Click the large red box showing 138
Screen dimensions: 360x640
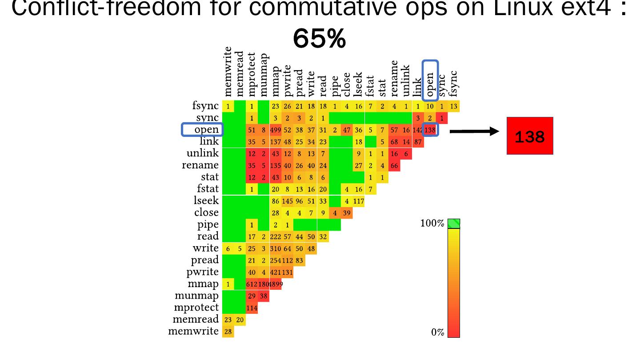530,136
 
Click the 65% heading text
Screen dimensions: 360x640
319,39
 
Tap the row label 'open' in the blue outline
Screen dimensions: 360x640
203,130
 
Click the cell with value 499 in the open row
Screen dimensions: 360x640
276,130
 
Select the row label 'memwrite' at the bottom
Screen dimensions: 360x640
193,331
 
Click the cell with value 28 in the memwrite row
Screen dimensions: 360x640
228,332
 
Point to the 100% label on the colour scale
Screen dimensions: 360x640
432,224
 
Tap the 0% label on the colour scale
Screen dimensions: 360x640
437,332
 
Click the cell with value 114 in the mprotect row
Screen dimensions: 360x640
252,308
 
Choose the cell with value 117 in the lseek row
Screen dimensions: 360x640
359,201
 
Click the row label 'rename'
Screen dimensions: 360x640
200,165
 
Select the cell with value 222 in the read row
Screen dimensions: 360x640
276,236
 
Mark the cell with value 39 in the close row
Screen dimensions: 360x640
347,213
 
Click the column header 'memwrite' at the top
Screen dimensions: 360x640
228,72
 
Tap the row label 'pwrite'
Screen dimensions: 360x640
202,272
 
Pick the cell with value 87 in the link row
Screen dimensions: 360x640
418,142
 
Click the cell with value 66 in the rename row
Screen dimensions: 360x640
394,165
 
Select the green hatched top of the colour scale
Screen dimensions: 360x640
453,224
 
